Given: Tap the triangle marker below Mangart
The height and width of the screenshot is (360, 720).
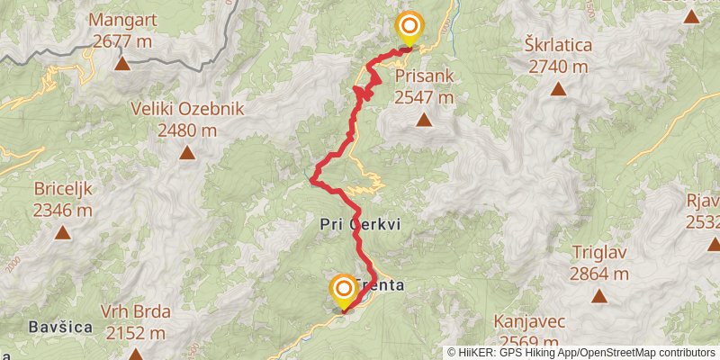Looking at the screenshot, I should click(x=121, y=63).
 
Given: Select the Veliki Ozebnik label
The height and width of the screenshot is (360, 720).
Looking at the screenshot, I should click(x=187, y=109).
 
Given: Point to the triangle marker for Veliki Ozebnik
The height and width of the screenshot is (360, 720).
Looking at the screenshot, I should click(x=186, y=153).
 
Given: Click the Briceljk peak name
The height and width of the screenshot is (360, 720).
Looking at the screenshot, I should click(x=63, y=189).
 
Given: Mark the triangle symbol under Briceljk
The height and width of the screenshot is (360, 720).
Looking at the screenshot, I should click(x=62, y=233).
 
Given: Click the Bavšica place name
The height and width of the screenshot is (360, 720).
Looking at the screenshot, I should click(x=61, y=328).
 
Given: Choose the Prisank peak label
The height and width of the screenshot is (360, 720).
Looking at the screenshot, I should click(x=423, y=76).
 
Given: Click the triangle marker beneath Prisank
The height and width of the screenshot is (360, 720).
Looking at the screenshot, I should click(x=423, y=120).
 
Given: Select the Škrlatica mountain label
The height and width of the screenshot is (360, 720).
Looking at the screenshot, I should click(x=558, y=44).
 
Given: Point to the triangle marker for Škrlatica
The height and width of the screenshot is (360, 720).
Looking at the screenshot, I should click(x=559, y=88).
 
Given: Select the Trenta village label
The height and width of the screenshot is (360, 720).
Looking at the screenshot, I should click(x=382, y=286).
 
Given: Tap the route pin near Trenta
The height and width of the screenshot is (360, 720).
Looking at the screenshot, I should click(x=343, y=291).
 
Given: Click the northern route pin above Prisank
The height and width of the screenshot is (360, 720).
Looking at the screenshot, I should click(x=410, y=27).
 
